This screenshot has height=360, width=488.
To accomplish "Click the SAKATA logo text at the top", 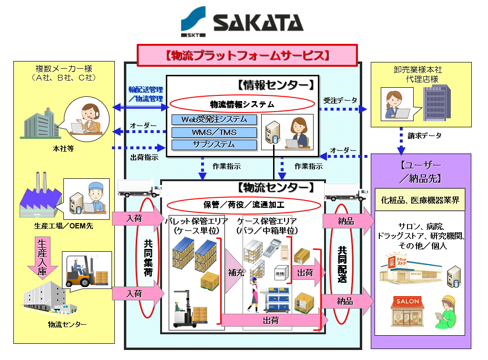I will point(258,22).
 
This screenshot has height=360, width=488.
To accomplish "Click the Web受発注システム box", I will point(214,119).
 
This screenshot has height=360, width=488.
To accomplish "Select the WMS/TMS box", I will point(214,132).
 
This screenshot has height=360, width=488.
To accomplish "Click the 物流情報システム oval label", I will point(242,104).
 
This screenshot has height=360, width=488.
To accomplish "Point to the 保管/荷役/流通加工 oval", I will point(244,205).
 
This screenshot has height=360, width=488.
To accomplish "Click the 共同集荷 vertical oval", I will point(148,258).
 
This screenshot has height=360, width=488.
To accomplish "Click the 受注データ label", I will point(340,101).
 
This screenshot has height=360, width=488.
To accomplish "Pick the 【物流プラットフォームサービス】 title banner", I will point(247,55).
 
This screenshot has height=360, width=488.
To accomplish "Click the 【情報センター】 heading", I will point(275,85).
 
